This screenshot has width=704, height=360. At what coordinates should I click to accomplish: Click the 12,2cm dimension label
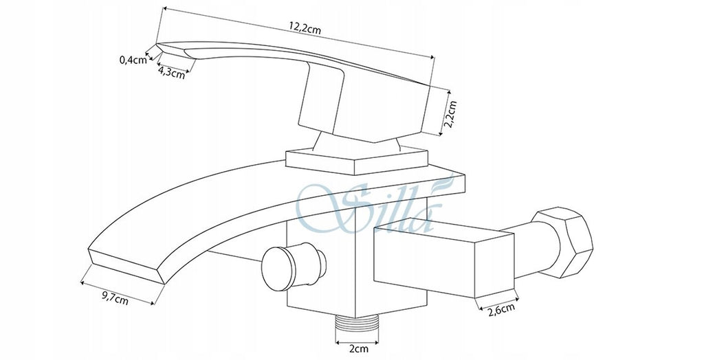[305, 27]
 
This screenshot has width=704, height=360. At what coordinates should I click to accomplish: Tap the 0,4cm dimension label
[133, 60]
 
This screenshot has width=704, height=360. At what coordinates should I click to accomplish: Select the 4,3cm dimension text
[171, 72]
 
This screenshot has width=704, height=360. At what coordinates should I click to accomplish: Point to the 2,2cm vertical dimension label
[450, 115]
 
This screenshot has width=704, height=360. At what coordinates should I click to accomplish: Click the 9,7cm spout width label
[115, 297]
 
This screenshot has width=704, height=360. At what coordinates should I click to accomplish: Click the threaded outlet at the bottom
[357, 323]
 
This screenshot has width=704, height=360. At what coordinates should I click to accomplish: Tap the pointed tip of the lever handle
[157, 44]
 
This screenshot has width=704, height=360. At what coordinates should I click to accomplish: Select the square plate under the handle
[357, 161]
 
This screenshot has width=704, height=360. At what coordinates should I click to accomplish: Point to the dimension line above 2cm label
[357, 343]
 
